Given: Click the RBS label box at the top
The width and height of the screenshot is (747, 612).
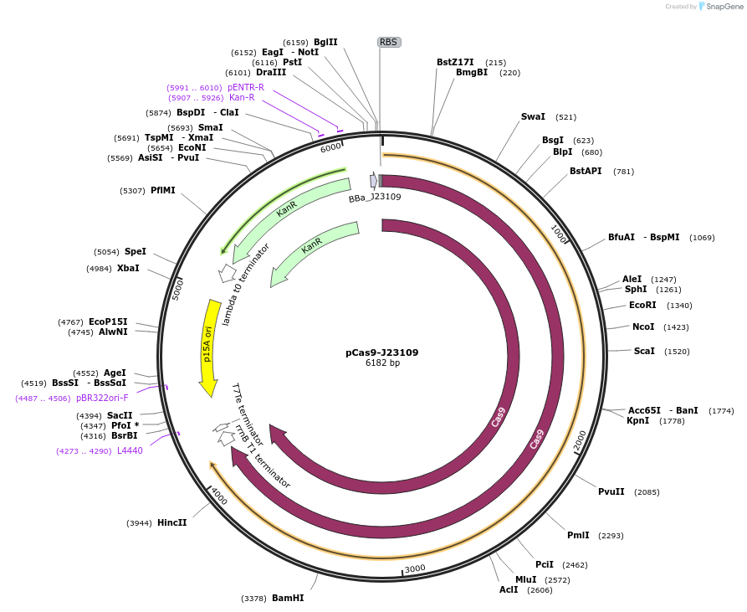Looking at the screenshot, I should tap(388, 42).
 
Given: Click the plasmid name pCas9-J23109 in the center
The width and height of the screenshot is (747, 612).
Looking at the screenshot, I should tap(382, 352).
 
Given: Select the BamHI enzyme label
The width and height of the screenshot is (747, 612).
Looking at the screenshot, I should tap(288, 599).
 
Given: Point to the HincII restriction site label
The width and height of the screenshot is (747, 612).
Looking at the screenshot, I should tap(171, 523).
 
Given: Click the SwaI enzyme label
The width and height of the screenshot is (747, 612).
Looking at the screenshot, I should tap(533, 117).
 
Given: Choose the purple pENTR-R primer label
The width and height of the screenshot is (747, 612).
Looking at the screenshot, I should tap(246, 87).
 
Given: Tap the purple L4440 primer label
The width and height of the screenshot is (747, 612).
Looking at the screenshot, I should tap(130, 450).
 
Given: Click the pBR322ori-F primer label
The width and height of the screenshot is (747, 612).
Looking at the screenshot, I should tap(102, 398).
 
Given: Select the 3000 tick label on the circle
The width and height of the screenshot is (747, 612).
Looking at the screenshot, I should tap(416, 568).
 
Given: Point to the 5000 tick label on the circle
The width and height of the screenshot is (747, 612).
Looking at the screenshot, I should tap(177, 290).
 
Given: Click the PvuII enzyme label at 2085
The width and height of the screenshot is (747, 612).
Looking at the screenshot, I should tap(611, 491).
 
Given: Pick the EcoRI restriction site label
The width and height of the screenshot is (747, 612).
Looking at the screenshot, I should tap(642, 305).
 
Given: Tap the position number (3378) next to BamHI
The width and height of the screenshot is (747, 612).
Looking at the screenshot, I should tap(253, 599).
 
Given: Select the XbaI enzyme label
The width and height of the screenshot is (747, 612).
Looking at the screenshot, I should tap(128, 268).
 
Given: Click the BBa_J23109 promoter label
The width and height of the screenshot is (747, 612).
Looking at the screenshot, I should tap(375, 198).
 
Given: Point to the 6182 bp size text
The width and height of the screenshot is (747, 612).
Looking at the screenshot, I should tap(382, 363).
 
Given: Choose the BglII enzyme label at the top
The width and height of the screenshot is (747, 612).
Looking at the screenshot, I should tap(325, 42).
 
